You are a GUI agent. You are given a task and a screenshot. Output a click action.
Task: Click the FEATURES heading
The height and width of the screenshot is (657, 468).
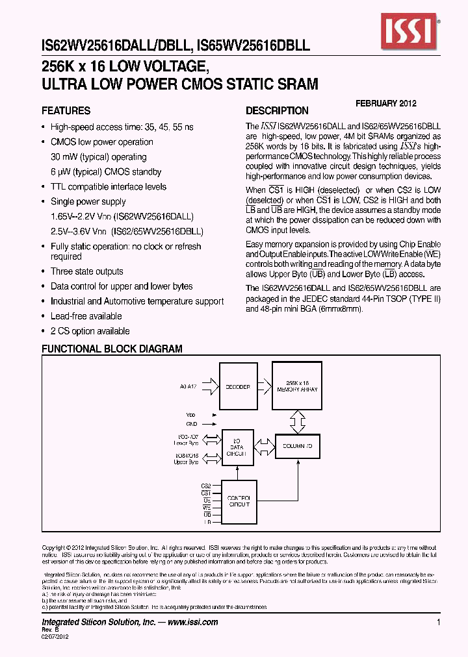click(x=66, y=111)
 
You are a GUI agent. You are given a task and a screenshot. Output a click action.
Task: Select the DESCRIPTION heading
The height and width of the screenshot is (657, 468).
click(x=277, y=111)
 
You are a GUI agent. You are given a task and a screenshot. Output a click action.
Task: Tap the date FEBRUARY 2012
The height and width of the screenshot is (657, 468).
click(x=386, y=103)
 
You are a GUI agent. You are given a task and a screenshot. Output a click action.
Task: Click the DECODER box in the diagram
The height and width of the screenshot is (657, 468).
click(x=238, y=386)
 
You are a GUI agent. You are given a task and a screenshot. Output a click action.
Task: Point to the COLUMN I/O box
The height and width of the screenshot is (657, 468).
click(x=298, y=447)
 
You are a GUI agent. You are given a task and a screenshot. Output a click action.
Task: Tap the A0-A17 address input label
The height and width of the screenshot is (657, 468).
click(x=188, y=386)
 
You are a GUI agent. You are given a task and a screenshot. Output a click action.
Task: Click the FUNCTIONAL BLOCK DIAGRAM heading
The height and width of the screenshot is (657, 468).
click(x=112, y=349)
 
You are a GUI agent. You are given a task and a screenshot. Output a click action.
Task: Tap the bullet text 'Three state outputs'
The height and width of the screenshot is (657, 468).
click(x=86, y=271)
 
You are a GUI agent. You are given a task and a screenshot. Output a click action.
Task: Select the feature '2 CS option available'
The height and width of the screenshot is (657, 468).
click(x=90, y=331)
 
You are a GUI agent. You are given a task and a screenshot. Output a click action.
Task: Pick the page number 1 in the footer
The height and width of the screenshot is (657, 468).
click(x=439, y=622)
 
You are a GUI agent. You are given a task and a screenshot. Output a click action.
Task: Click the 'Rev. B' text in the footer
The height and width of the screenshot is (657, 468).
click(x=50, y=630)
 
